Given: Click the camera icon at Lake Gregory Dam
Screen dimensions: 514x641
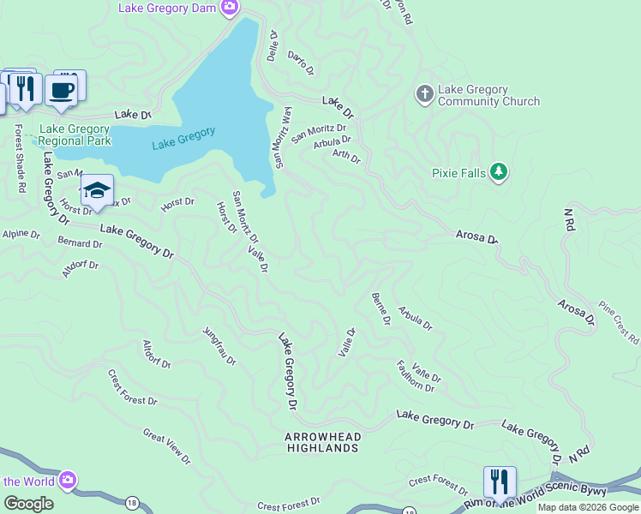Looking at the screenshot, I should (229, 9).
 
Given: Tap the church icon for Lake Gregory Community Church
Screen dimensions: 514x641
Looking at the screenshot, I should (424, 94).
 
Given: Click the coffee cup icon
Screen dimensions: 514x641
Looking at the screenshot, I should (62, 89).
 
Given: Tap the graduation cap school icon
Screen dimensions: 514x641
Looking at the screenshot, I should (97, 190).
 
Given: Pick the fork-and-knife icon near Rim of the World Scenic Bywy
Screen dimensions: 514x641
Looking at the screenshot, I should (499, 482).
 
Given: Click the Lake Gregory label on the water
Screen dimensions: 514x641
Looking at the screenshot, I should (183, 139).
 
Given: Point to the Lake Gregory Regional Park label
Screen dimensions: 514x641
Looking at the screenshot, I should (75, 134).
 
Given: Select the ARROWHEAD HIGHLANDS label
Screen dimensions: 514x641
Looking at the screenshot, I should (322, 442).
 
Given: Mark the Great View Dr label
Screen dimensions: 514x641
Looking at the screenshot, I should (166, 447).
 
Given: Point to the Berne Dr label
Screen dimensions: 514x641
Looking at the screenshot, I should (381, 309).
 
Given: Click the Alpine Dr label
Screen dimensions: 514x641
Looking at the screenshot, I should (21, 234).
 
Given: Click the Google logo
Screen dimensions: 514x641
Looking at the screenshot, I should (28, 504).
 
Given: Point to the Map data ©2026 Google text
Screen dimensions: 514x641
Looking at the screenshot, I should (587, 507).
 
